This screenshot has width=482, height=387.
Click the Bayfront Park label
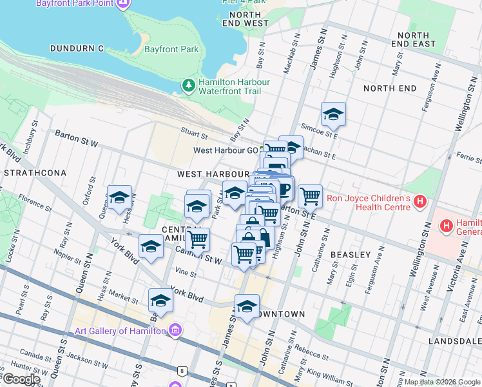click(x=171, y=49)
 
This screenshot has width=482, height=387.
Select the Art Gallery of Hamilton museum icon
click(x=175, y=331)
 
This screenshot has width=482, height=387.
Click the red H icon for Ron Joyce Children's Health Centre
click(x=420, y=202)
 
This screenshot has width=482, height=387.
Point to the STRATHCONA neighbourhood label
click(x=35, y=174)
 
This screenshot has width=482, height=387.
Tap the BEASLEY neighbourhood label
click(x=351, y=255)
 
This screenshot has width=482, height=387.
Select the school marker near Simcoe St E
click(x=333, y=114)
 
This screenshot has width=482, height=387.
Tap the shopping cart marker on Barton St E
click(x=310, y=195)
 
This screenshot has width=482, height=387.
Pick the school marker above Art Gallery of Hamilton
click(x=160, y=301)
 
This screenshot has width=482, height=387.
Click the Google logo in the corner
click(x=21, y=379)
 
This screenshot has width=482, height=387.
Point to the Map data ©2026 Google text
click(x=441, y=382)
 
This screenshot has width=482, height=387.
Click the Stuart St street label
click(x=194, y=136)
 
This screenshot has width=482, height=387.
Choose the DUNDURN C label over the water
click(x=77, y=48)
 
